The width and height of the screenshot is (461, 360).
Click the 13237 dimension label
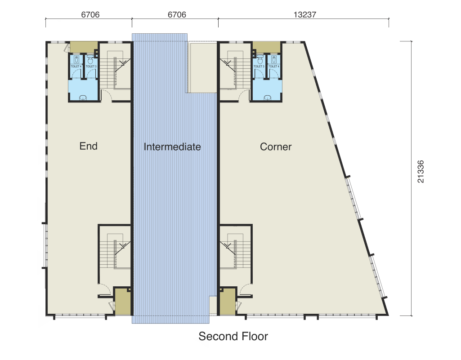(x=305, y=14)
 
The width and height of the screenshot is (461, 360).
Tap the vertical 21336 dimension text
(x=421, y=172)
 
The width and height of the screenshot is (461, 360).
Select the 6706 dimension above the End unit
(x=90, y=14)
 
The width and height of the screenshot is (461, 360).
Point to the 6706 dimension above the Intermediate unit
(x=177, y=14)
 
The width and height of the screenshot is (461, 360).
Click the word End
(x=89, y=146)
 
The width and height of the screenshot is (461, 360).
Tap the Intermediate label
(x=172, y=147)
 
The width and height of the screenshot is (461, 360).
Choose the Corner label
(x=276, y=147)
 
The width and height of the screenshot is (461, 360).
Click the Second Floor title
(x=233, y=336)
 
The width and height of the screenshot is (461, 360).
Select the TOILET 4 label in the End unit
(x=76, y=67)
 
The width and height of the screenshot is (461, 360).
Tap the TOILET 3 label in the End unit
(x=91, y=67)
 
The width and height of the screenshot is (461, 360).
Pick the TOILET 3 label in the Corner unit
(x=259, y=67)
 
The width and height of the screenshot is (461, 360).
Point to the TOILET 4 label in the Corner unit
(x=274, y=67)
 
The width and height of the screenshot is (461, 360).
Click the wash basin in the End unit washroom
(x=83, y=98)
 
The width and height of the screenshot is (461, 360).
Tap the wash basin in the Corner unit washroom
(x=267, y=98)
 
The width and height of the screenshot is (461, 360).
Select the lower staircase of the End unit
(x=118, y=251)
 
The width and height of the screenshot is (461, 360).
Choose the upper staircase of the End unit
(x=118, y=70)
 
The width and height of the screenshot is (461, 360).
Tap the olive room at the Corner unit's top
(x=266, y=47)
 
